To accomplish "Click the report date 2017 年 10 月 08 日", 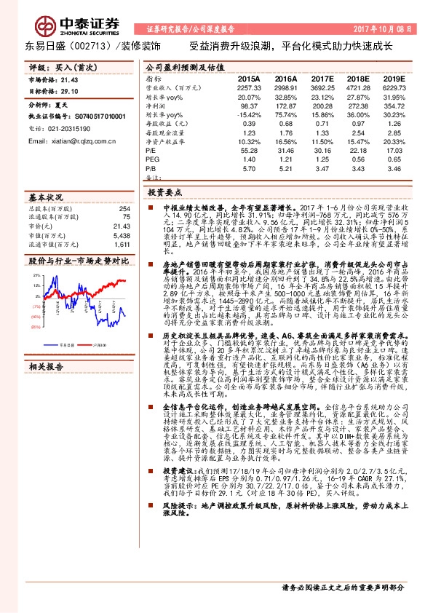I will pos(383,31).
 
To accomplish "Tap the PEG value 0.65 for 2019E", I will pos(394,159).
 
